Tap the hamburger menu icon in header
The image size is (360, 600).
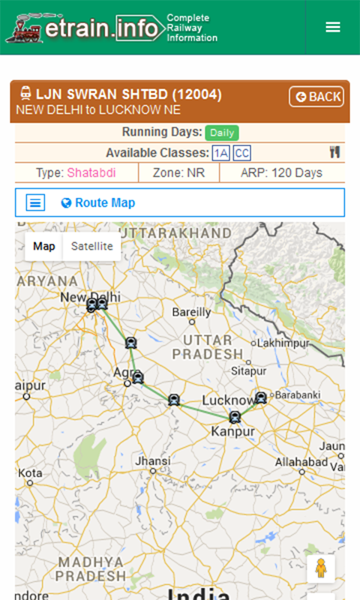click(x=333, y=27)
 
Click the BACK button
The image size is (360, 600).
click(x=316, y=97)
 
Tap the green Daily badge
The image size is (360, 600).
click(x=221, y=133)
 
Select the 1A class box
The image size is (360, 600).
click(x=220, y=153)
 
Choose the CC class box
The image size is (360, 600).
click(x=241, y=153)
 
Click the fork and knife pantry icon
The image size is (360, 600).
click(x=334, y=152)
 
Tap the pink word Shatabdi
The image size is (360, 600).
click(x=97, y=172)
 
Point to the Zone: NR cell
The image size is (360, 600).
click(x=178, y=172)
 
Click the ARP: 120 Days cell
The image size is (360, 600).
click(x=281, y=172)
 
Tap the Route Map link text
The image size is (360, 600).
click(x=104, y=202)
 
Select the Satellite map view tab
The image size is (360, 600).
click(x=91, y=246)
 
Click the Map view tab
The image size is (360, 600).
click(x=44, y=246)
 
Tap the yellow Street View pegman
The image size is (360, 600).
click(x=321, y=569)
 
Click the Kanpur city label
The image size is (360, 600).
click(x=232, y=431)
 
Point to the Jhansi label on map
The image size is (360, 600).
click(x=152, y=460)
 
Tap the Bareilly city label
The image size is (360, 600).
click(x=193, y=312)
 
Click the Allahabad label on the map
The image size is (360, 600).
click(x=301, y=461)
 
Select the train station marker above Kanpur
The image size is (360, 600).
click(x=235, y=417)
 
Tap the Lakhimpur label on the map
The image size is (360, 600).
click(x=283, y=343)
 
